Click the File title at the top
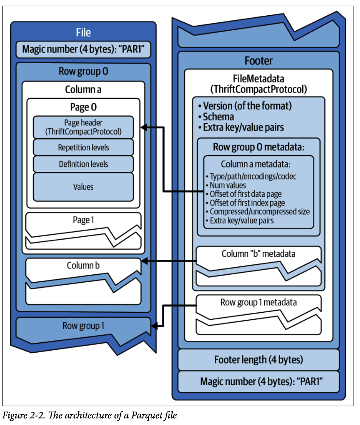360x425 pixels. (x=83, y=32)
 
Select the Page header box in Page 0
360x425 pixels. (x=83, y=127)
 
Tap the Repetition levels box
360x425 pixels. (x=83, y=148)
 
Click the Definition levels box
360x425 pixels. (x=83, y=164)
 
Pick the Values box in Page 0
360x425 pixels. (x=83, y=187)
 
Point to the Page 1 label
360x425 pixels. (x=83, y=220)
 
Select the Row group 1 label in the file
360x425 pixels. (x=83, y=326)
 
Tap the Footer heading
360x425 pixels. (x=259, y=60)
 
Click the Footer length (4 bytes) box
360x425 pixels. (x=259, y=360)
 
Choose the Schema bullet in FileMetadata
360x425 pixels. (x=218, y=117)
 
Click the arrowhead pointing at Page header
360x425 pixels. (x=144, y=127)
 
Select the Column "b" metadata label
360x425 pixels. (x=258, y=253)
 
